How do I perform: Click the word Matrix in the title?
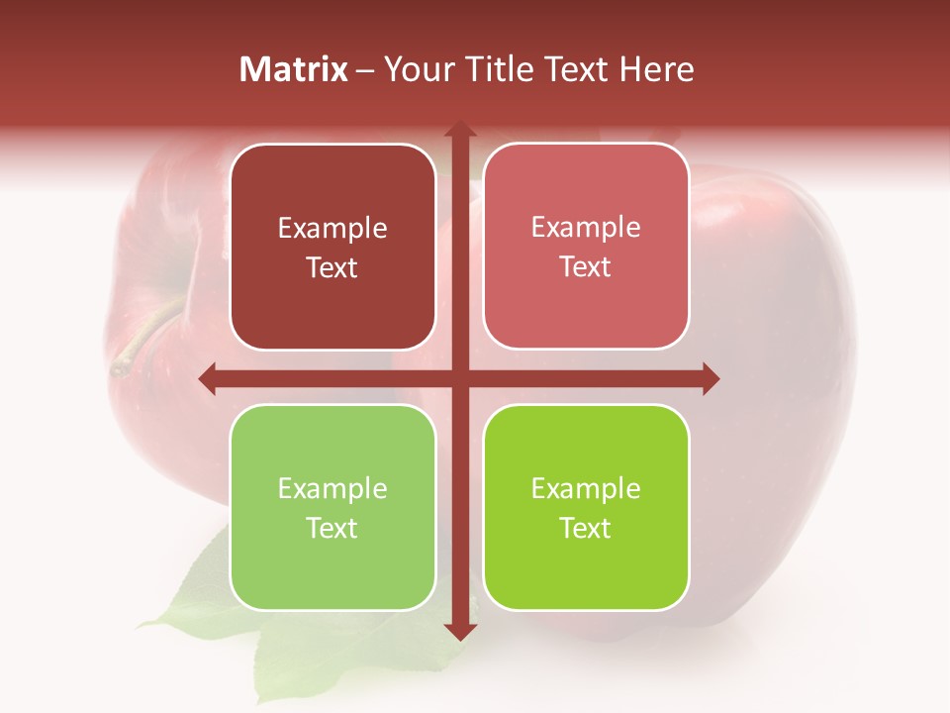(294, 69)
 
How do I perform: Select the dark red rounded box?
(332, 248)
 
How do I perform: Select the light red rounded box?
(586, 248)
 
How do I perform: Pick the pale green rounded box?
(332, 507)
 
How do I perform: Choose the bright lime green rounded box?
(586, 507)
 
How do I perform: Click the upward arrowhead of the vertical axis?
(459, 131)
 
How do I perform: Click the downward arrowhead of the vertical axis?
(459, 631)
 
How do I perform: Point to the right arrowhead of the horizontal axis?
(710, 378)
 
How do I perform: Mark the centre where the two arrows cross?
(459, 378)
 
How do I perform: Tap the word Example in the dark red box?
(332, 229)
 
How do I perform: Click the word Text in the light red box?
(586, 267)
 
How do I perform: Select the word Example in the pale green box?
(332, 488)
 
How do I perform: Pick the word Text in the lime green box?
(586, 528)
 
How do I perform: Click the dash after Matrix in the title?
(365, 70)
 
